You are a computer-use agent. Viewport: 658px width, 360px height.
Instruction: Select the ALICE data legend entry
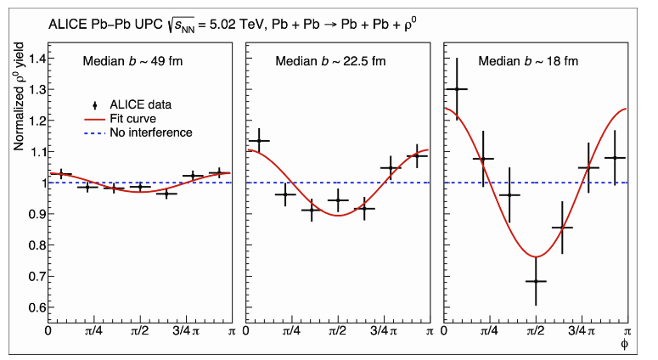click(140, 104)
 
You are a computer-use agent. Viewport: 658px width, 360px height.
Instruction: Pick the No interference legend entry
click(145, 132)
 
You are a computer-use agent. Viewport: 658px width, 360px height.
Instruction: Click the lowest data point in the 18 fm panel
click(536, 281)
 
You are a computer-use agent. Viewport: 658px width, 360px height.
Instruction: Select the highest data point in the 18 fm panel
click(458, 89)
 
